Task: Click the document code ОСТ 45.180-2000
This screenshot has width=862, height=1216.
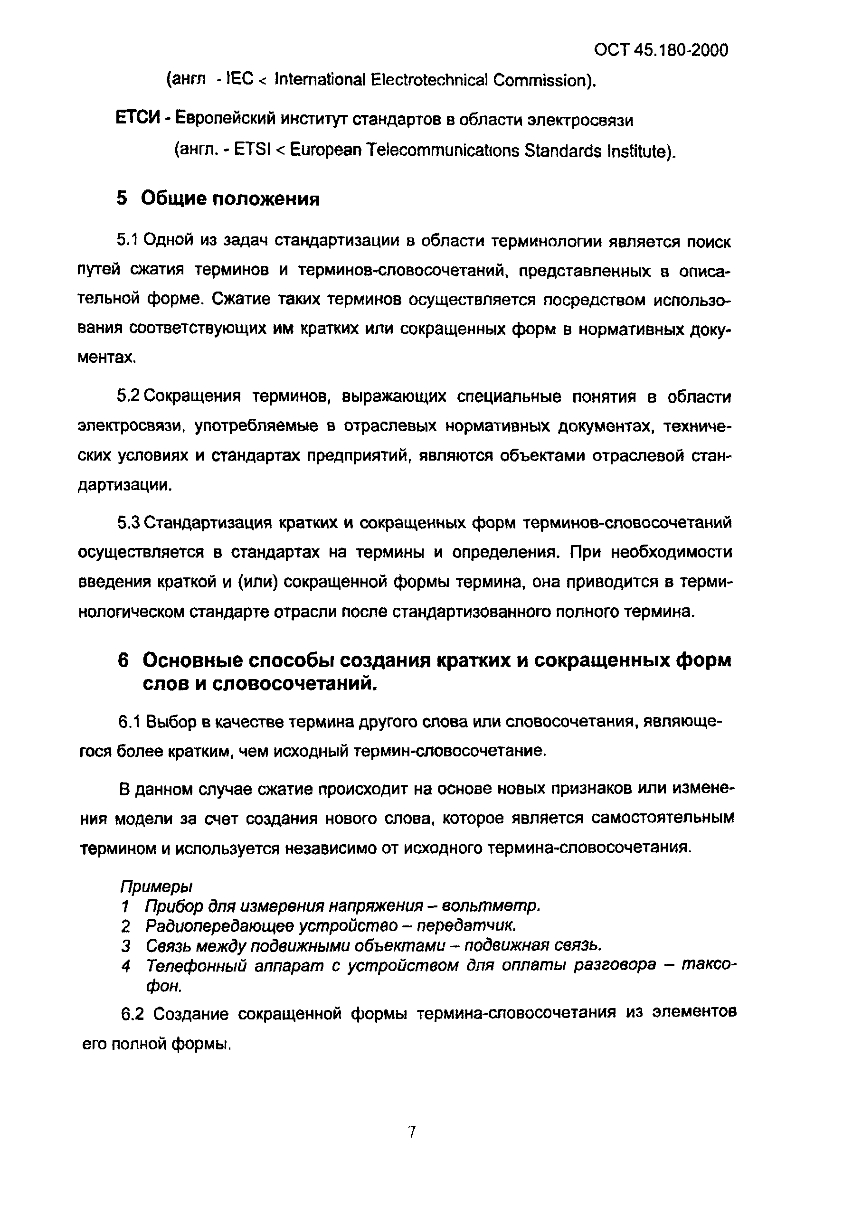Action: pos(661,50)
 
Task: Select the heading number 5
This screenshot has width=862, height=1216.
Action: pos(122,199)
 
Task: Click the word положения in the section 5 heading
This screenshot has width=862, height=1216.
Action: pos(266,199)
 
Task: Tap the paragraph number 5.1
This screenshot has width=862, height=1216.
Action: pos(127,241)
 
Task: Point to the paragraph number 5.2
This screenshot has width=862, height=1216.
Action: pos(127,396)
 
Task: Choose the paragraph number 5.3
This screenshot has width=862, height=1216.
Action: pos(127,523)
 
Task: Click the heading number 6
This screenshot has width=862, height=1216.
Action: pos(123,661)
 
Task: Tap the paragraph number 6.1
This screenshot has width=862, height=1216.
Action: pos(128,722)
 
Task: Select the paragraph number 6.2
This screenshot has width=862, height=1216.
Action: pos(132,1014)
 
